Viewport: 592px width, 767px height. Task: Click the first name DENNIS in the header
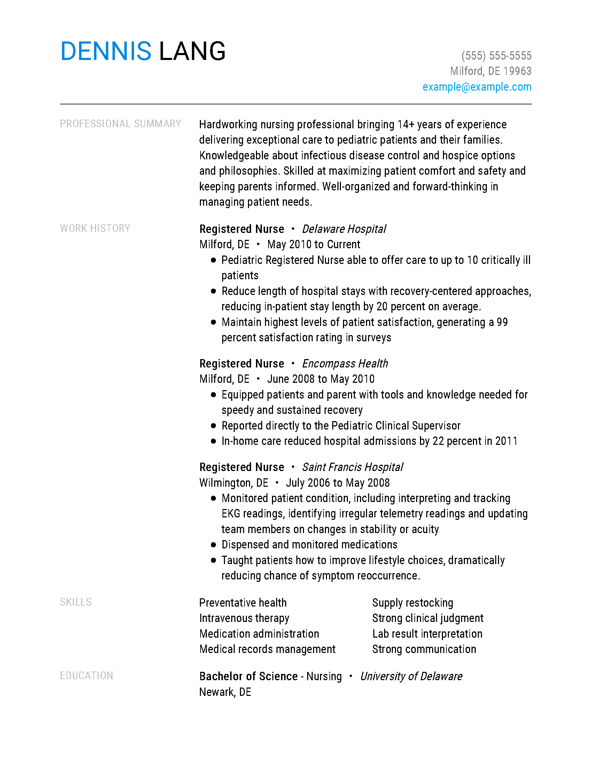point(106,51)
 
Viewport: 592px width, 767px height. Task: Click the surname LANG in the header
point(192,51)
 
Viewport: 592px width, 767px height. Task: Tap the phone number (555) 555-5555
point(496,56)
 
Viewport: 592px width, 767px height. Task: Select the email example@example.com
point(477,87)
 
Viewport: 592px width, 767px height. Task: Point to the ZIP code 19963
point(517,71)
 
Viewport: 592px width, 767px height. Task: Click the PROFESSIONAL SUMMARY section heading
point(120,124)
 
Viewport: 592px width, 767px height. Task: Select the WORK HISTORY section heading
point(95,228)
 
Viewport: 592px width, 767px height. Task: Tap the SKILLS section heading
point(76,602)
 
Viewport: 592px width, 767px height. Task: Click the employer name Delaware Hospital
point(344,229)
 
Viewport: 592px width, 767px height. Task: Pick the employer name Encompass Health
point(345,364)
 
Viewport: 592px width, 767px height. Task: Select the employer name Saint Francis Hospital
point(352,467)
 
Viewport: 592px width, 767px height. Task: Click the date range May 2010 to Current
point(313,244)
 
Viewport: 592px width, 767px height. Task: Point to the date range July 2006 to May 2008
point(337,483)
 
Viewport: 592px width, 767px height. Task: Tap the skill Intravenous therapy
point(244,618)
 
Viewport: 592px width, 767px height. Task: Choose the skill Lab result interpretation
point(427,634)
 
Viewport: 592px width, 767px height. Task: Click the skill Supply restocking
point(412,603)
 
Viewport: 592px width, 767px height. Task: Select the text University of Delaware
point(411,676)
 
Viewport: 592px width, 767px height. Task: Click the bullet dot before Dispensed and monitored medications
point(213,545)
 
